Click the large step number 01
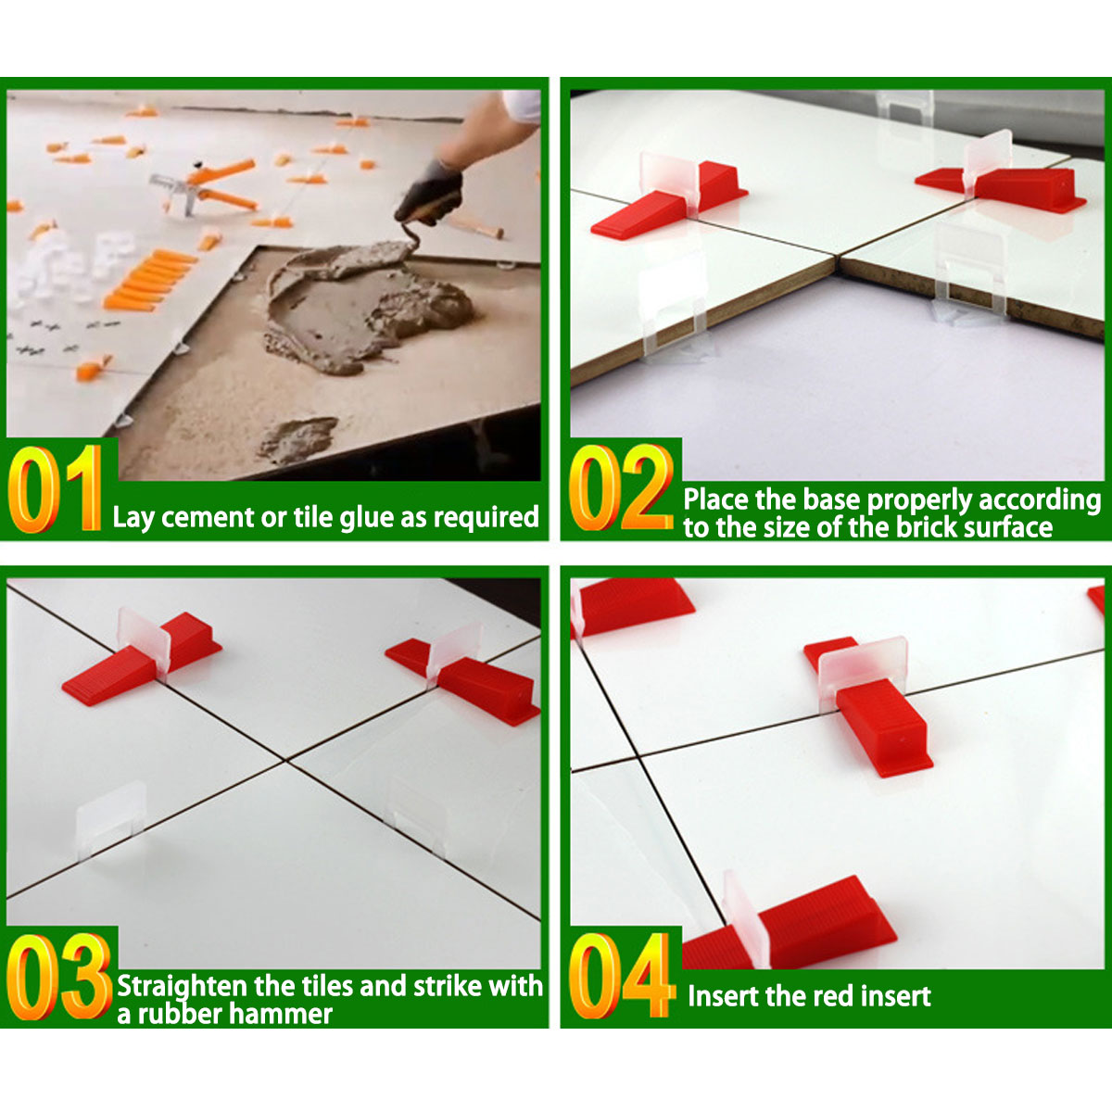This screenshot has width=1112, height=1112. point(56,488)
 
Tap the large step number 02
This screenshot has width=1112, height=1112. point(621,487)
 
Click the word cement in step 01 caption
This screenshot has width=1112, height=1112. point(208,518)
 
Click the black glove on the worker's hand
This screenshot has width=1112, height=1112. point(430,191)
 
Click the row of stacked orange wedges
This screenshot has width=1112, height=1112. point(150,280)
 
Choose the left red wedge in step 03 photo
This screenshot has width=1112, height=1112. point(141,660)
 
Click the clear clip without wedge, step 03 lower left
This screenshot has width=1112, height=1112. point(111,817)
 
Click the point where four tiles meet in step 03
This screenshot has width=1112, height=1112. point(284,761)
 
